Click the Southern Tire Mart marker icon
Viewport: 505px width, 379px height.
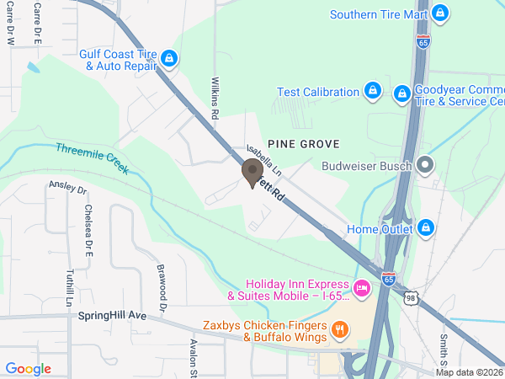[439, 13]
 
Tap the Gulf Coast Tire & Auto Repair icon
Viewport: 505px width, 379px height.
[170, 58]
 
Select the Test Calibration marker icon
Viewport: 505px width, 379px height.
[372, 90]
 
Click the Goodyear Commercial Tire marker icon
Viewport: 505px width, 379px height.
[402, 92]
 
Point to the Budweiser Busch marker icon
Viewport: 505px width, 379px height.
[426, 165]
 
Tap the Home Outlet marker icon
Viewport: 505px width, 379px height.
[426, 228]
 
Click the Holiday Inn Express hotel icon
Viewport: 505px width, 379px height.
[362, 289]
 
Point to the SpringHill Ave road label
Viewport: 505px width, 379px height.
[112, 316]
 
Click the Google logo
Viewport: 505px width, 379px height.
[29, 369]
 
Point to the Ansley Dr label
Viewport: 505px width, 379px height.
[68, 186]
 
